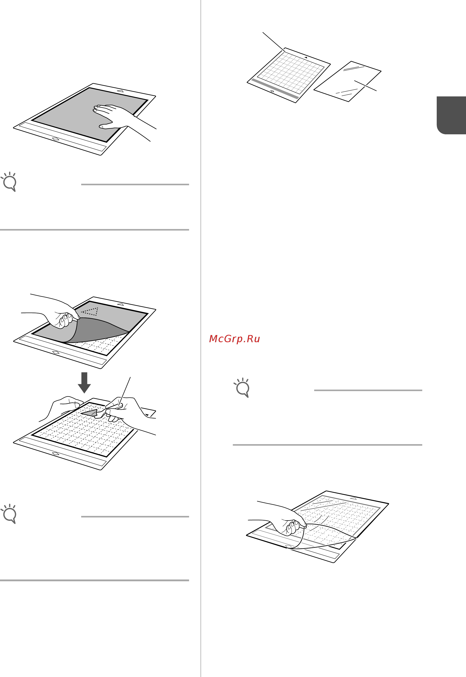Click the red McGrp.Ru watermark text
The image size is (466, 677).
(x=235, y=339)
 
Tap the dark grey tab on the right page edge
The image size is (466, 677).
(x=451, y=115)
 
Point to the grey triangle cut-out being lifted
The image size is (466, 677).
(x=90, y=413)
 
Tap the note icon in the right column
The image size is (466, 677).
(x=241, y=388)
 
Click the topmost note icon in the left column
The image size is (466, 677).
(x=8, y=182)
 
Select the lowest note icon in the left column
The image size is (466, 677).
(x=8, y=514)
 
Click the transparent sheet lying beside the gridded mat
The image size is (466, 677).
(x=348, y=82)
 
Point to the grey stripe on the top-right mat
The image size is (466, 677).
(x=275, y=89)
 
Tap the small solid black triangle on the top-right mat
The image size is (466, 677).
(x=306, y=57)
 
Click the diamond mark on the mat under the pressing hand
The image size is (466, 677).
(x=55, y=139)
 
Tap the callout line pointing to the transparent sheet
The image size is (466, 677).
(x=365, y=86)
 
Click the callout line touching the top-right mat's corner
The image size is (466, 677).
(x=274, y=42)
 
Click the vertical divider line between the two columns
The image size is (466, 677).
(x=201, y=338)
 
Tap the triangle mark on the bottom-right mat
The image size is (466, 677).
(x=353, y=498)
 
